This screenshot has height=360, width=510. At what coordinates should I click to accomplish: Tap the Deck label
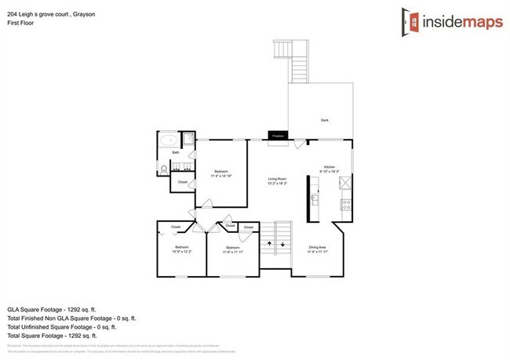click(x=324, y=120)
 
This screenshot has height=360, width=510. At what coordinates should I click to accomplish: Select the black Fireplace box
click(x=277, y=136)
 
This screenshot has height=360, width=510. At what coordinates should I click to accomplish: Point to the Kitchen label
click(x=330, y=167)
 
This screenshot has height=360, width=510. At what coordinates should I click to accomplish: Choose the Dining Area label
click(x=317, y=249)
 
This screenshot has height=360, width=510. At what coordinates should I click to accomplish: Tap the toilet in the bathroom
click(x=162, y=168)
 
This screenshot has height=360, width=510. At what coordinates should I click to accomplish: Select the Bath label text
click(x=177, y=152)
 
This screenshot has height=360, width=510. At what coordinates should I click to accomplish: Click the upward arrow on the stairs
click(x=270, y=244)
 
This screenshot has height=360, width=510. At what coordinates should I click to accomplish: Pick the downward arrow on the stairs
click(x=282, y=244)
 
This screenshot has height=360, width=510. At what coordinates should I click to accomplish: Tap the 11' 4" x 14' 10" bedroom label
click(x=222, y=173)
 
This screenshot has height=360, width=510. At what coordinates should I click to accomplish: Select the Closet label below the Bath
click(x=183, y=182)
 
